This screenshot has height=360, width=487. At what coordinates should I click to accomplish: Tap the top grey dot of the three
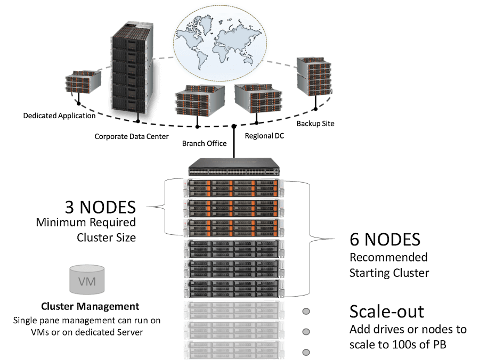[x=306, y=312]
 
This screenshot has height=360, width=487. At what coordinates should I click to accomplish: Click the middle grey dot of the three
[x=306, y=332]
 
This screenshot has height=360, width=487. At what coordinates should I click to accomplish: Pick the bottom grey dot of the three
[x=306, y=352]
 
